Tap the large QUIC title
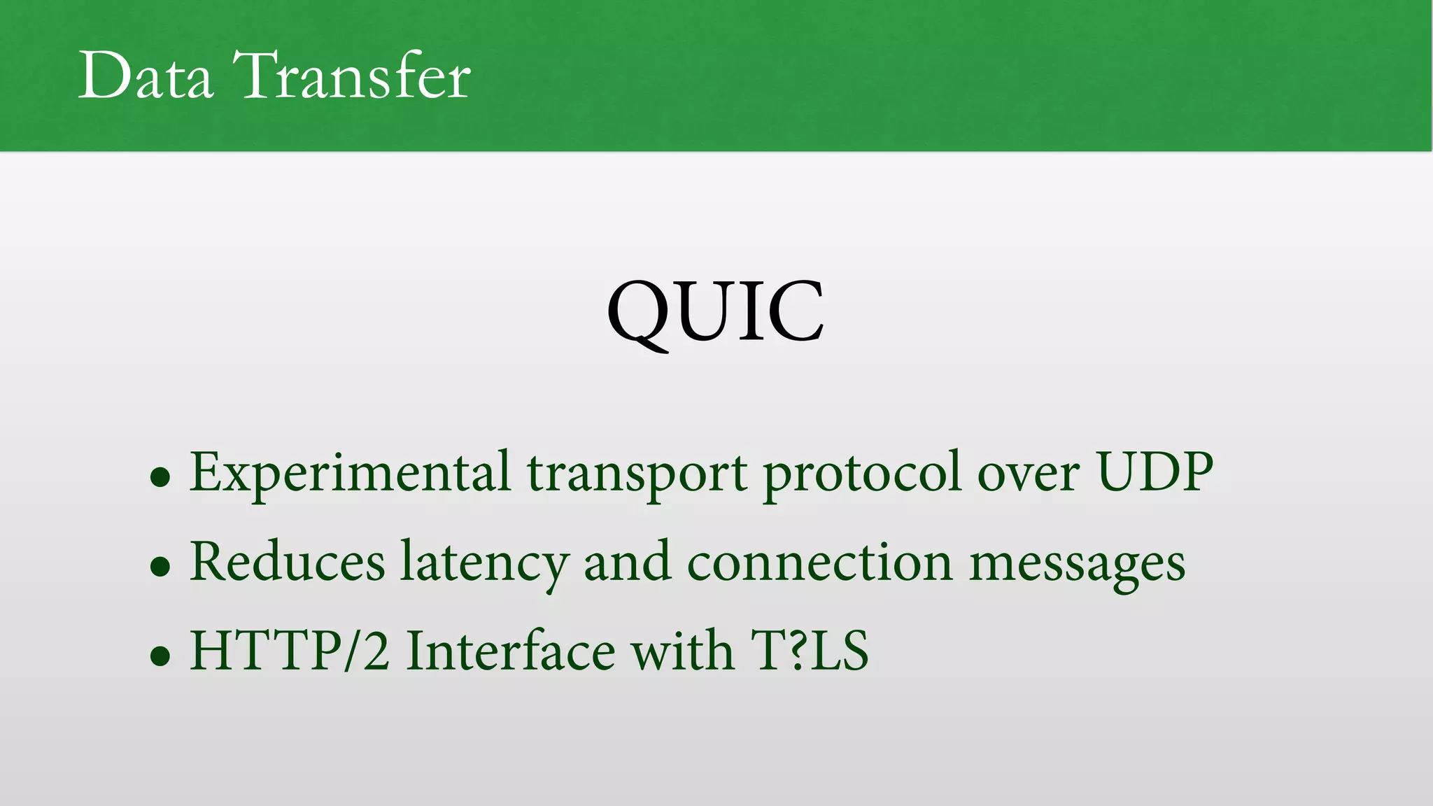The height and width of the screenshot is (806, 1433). click(x=715, y=312)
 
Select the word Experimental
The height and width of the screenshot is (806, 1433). click(x=350, y=473)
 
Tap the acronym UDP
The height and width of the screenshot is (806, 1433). click(x=1155, y=472)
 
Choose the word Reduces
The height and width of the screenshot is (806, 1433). click(x=287, y=561)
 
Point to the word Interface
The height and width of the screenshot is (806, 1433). click(x=511, y=651)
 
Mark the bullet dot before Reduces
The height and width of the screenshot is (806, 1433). click(x=160, y=567)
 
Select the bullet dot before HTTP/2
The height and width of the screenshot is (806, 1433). click(x=160, y=656)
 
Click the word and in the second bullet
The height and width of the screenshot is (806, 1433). click(x=627, y=563)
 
